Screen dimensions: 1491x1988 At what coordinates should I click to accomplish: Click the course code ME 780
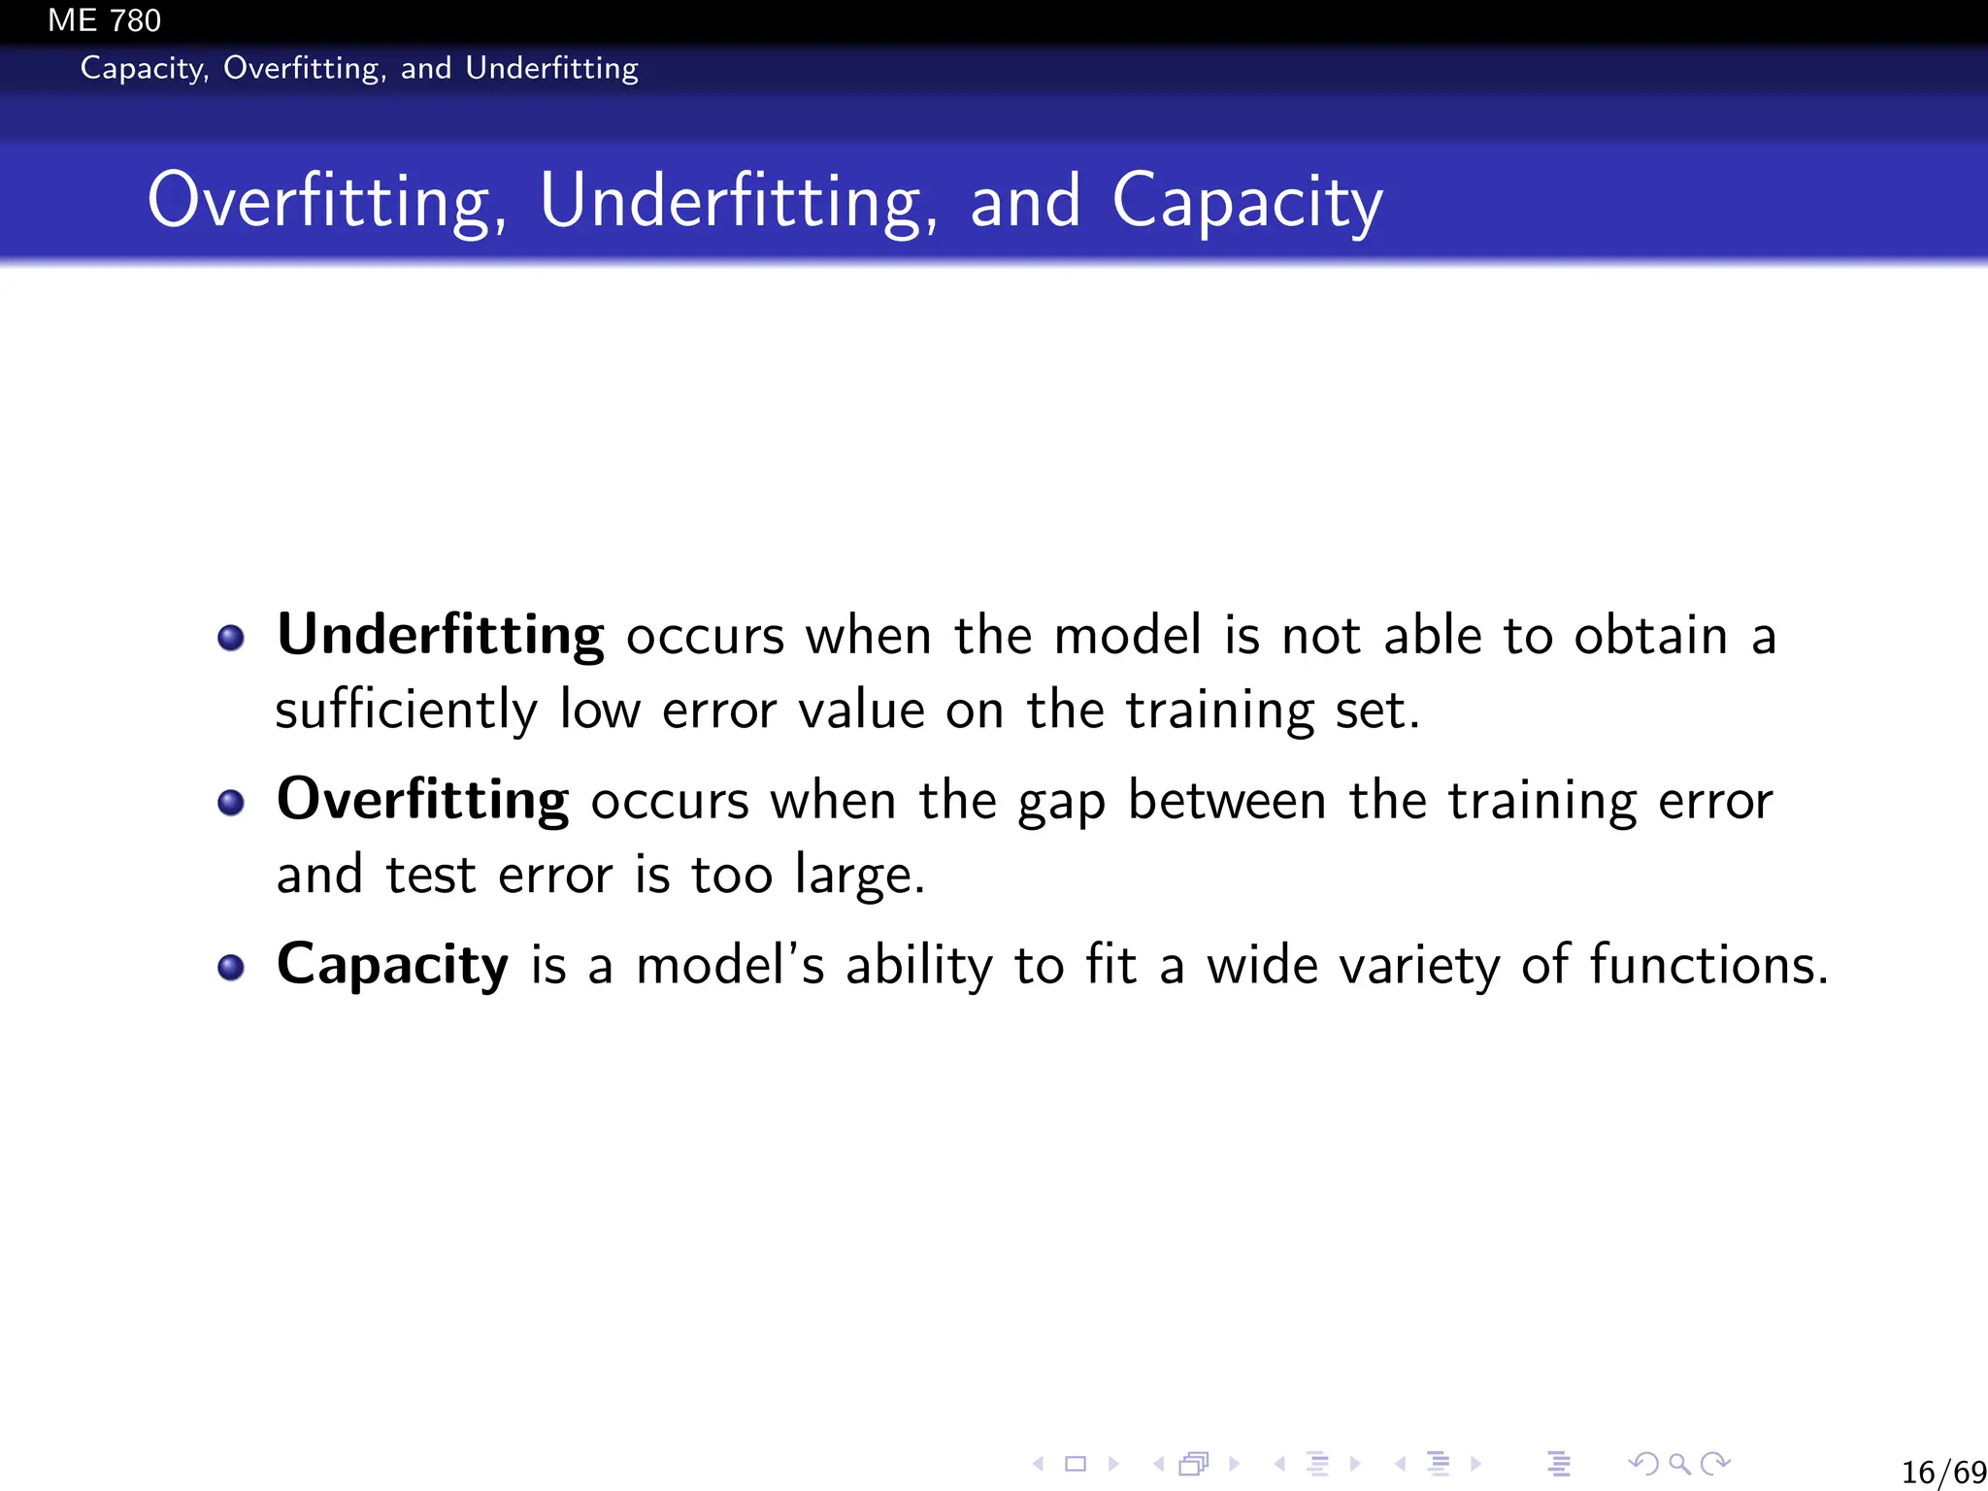coord(104,20)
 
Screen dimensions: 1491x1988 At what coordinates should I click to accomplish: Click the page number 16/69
coord(1942,1472)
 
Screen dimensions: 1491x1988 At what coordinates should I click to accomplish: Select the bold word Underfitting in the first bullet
coord(441,636)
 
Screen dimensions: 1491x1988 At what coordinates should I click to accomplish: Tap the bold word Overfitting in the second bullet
coord(422,801)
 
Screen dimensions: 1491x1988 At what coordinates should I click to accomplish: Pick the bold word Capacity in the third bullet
coord(392,966)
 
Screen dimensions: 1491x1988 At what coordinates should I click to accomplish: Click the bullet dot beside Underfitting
coord(231,638)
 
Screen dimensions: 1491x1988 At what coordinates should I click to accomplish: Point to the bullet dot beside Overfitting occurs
coord(231,803)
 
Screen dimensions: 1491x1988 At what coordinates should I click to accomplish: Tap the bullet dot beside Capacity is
coord(231,968)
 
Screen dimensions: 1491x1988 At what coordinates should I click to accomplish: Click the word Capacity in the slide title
coord(1247,202)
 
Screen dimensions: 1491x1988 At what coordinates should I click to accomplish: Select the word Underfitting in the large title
coord(738,202)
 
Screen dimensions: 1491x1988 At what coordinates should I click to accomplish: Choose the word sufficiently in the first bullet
coord(406,711)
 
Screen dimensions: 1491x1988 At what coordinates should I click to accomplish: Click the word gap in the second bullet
coord(1061,804)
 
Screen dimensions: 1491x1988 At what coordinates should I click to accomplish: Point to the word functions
coord(1708,966)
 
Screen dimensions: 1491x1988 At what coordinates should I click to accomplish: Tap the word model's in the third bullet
coord(730,966)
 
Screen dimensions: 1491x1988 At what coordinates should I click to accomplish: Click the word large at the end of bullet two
coord(858,877)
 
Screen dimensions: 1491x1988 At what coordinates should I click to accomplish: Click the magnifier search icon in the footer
coord(1678,1463)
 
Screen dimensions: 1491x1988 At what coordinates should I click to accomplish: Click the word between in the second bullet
coord(1227,802)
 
